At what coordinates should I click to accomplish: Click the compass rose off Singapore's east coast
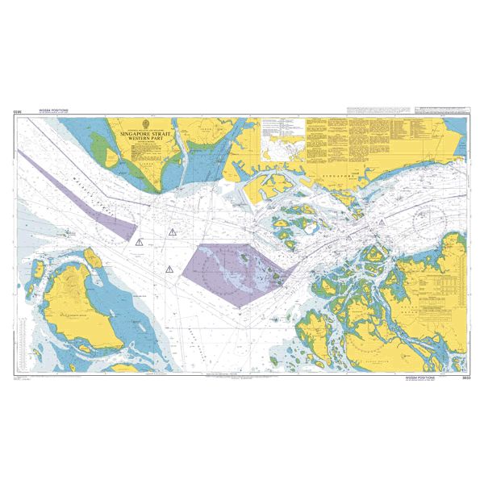(425, 216)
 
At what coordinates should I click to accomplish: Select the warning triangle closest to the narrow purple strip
(140, 241)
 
